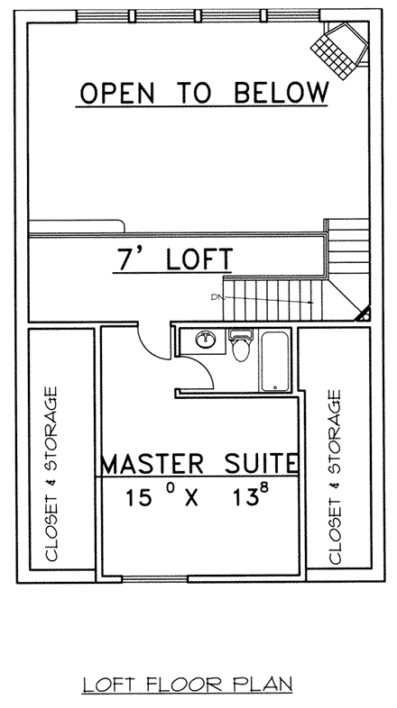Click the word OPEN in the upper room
[x=116, y=92]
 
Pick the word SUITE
[x=258, y=464]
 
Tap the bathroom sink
[x=204, y=341]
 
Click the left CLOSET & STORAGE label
[x=52, y=475]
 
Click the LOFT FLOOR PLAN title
[x=188, y=685]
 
